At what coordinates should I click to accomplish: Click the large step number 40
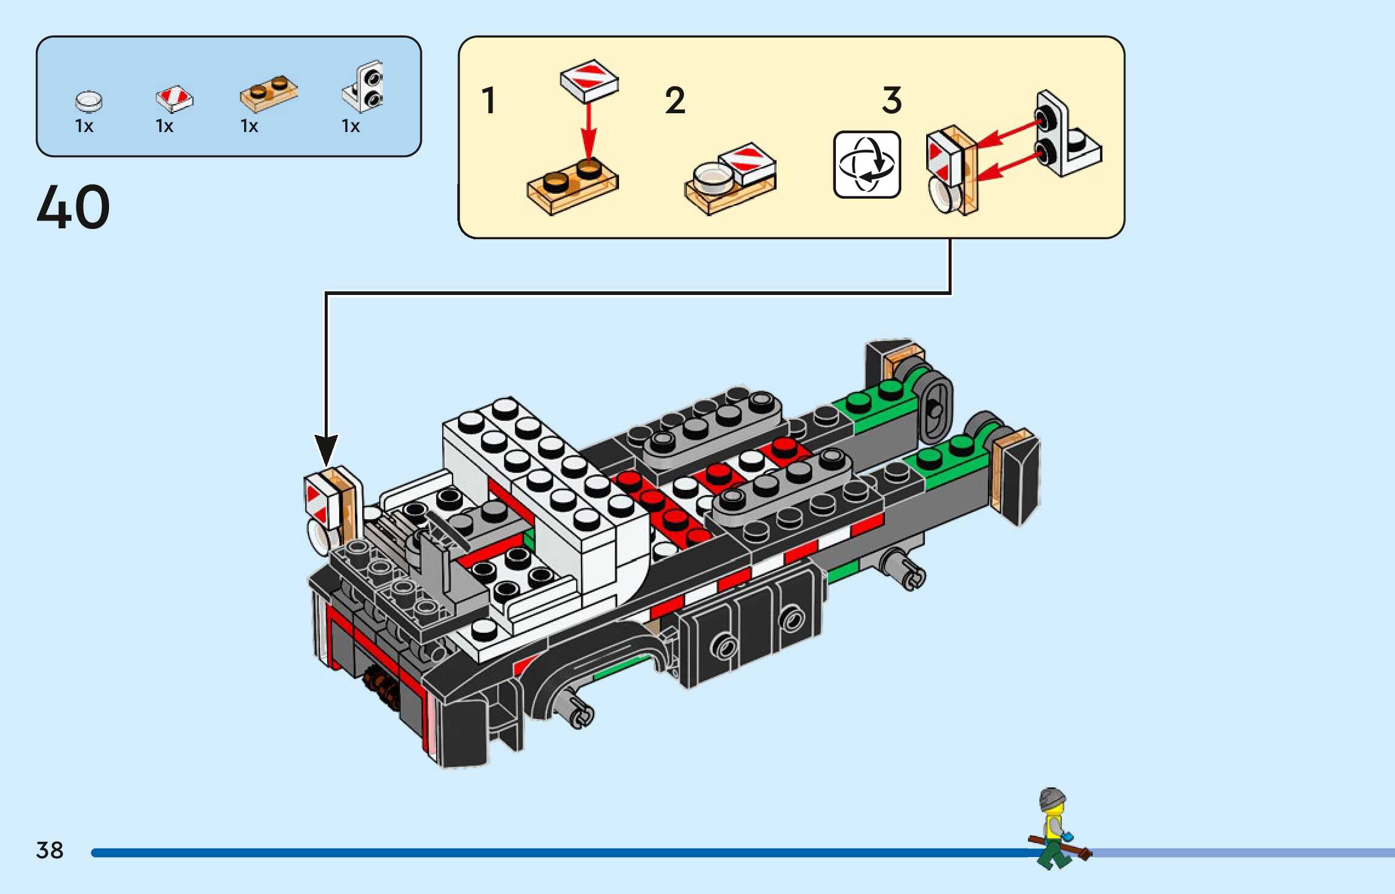(x=73, y=207)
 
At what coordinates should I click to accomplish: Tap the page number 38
(x=50, y=850)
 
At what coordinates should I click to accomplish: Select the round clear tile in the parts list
(x=88, y=101)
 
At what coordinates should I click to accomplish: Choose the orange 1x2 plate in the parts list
(x=268, y=94)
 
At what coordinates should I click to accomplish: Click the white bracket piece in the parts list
(x=364, y=87)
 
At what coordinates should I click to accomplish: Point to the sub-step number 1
(x=488, y=101)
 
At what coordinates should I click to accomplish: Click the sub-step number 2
(x=675, y=101)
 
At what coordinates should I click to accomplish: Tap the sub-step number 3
(x=892, y=101)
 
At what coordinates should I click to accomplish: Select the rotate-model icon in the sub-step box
(x=867, y=165)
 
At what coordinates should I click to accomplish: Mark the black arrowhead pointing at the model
(x=326, y=449)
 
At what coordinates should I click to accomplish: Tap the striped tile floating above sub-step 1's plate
(x=589, y=81)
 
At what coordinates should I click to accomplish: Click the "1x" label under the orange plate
(x=249, y=126)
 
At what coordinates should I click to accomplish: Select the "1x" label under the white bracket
(x=351, y=126)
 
